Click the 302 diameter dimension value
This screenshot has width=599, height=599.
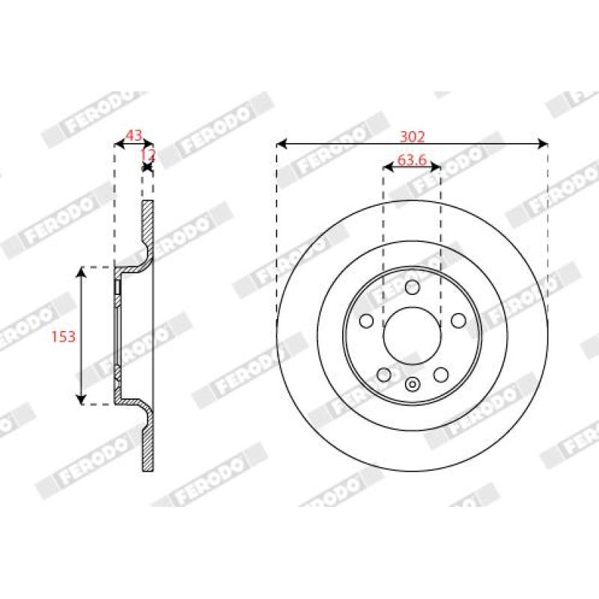pyautogui.click(x=412, y=136)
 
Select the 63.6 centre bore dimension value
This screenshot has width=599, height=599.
pyautogui.click(x=412, y=160)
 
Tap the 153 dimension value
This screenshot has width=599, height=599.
pyautogui.click(x=64, y=336)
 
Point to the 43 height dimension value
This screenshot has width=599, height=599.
pyautogui.click(x=134, y=135)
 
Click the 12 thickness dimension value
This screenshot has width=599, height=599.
pyautogui.click(x=148, y=155)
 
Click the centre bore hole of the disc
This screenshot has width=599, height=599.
pyautogui.click(x=413, y=335)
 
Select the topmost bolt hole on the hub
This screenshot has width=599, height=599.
pyautogui.click(x=413, y=287)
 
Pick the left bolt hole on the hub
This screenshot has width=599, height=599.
pyautogui.click(x=366, y=320)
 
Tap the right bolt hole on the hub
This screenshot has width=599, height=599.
pyautogui.click(x=458, y=320)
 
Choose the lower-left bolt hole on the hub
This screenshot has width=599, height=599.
pyautogui.click(x=384, y=375)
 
